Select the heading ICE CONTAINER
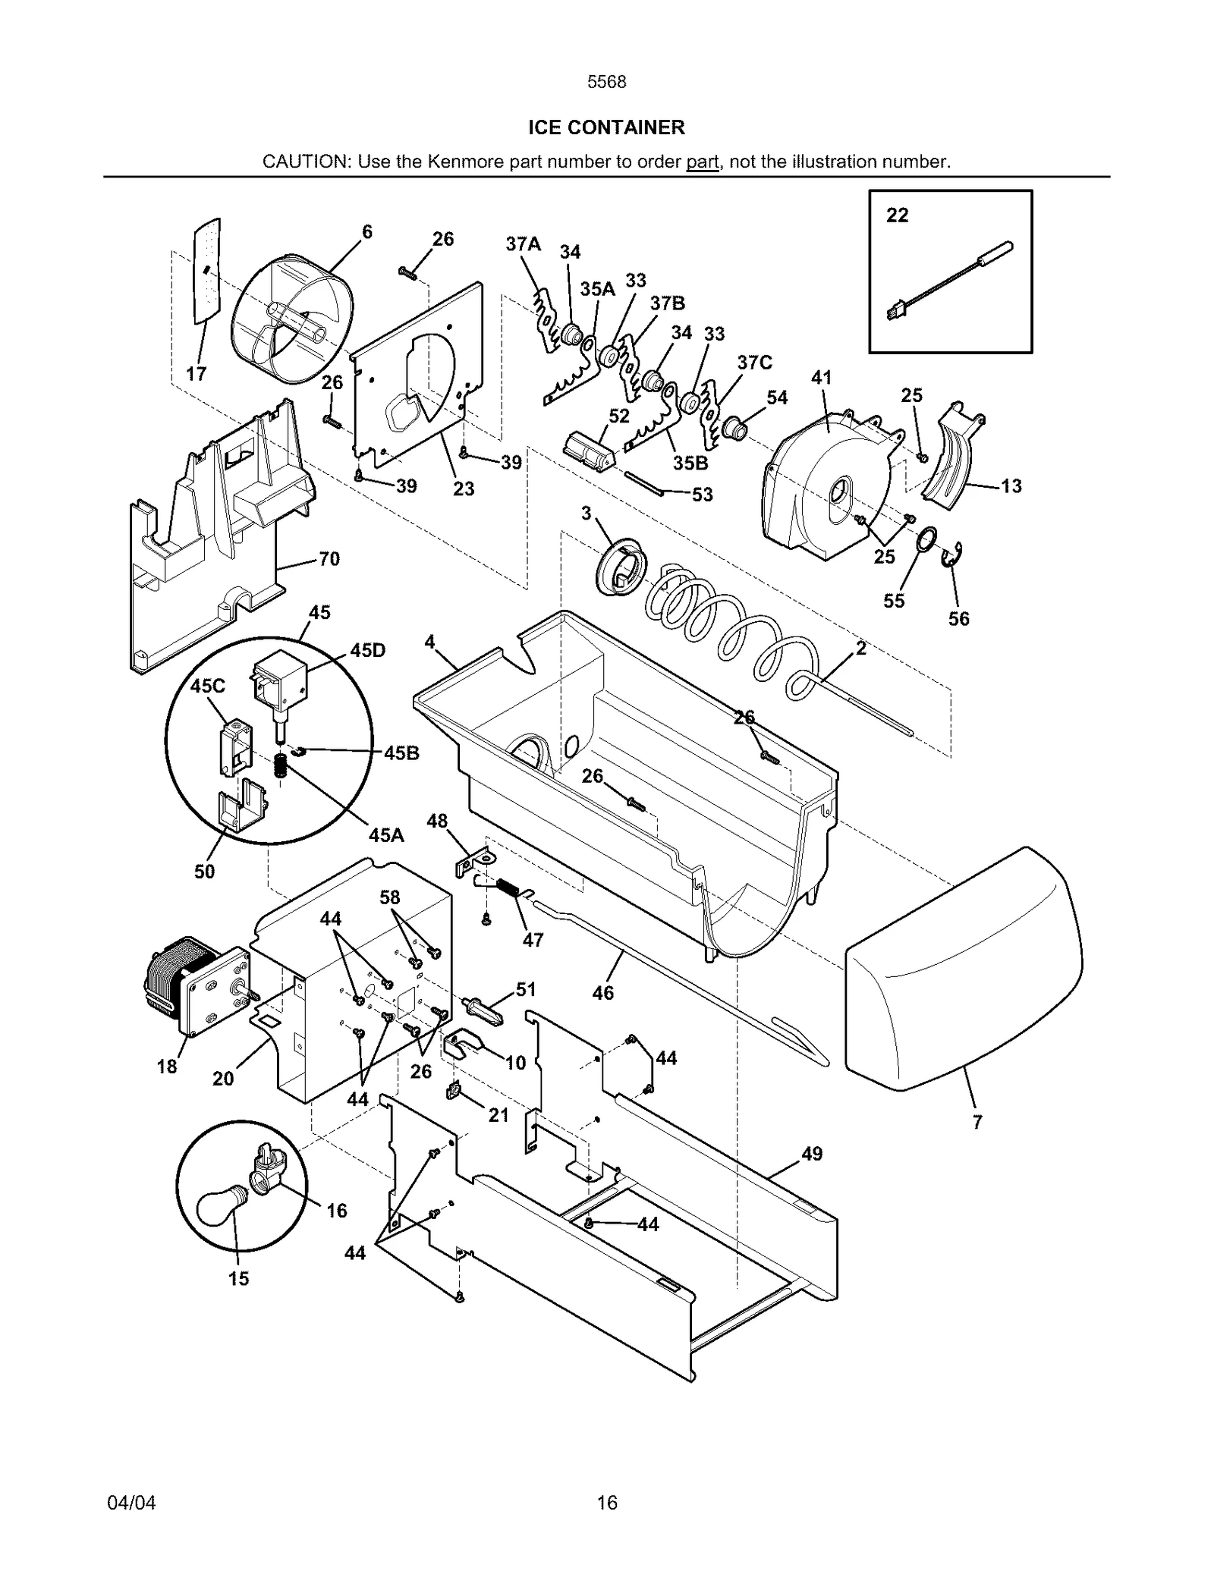point(606,127)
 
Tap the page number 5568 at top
point(607,82)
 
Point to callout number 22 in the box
point(897,215)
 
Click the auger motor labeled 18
point(193,986)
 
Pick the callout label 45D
point(367,651)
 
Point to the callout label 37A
point(523,244)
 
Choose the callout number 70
point(329,559)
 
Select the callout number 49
point(811,1154)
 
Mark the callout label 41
point(822,377)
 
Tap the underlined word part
point(702,162)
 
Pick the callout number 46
point(602,992)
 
